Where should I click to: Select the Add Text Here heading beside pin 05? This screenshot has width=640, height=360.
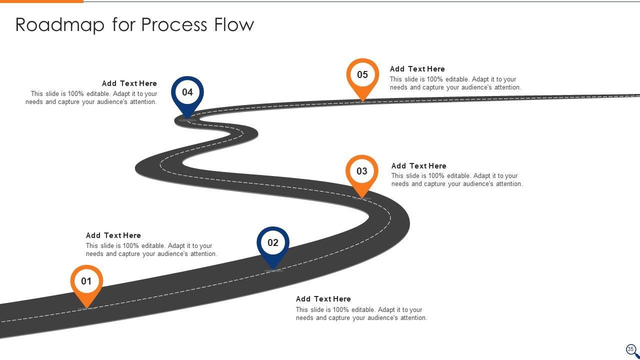click(417, 69)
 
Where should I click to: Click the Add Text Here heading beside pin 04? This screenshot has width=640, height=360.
click(129, 83)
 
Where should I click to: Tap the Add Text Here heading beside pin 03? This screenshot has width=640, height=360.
click(418, 166)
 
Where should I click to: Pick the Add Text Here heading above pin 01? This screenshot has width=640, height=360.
click(113, 235)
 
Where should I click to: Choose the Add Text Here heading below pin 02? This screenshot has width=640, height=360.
click(323, 299)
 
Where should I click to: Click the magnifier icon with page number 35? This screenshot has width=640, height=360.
click(631, 350)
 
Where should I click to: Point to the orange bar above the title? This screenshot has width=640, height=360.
click(41, 1)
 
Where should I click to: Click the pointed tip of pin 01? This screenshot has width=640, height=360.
click(87, 307)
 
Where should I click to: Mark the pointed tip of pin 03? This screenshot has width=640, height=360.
click(362, 198)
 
